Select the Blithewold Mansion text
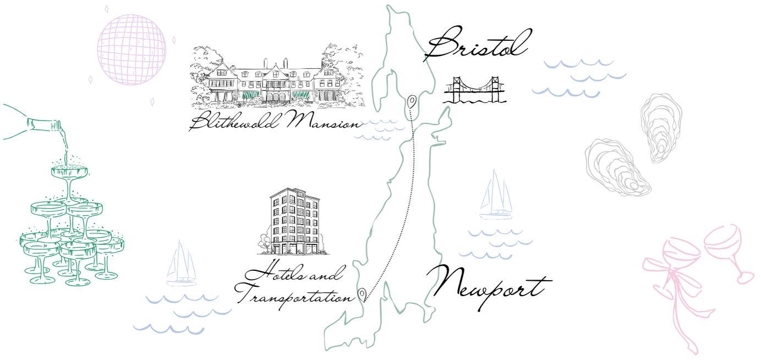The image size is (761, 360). pos(275,122)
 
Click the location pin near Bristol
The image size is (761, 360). pos(411,101)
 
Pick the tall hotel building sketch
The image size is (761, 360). pos(294,222)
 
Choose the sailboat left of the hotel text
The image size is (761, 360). pos(182,265)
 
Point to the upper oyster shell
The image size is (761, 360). pos(660,127)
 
